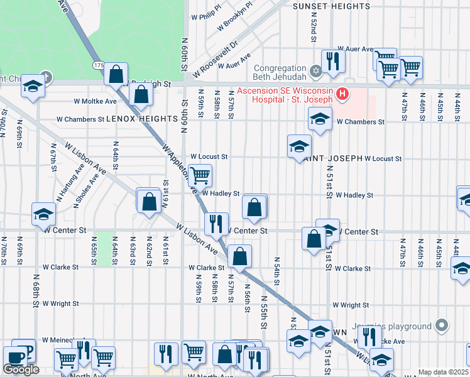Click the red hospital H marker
(x=342, y=95)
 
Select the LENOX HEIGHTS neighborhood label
(x=142, y=118)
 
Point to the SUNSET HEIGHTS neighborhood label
(x=332, y=6)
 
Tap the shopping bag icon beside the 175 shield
(x=116, y=75)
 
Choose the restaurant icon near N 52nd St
(x=333, y=61)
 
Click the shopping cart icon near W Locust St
(x=200, y=175)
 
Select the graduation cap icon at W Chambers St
(x=320, y=119)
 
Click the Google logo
(x=21, y=369)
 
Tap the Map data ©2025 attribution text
(x=443, y=372)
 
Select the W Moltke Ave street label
(x=95, y=101)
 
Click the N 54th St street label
(x=276, y=268)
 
